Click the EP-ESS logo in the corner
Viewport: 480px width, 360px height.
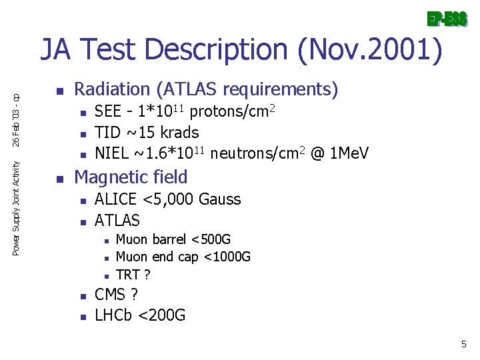(x=447, y=19)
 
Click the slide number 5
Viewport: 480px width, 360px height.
(x=464, y=344)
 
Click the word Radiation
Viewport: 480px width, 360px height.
(x=113, y=89)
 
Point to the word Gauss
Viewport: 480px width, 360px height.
(x=220, y=199)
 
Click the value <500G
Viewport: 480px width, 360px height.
(x=211, y=239)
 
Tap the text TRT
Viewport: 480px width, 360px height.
(x=128, y=274)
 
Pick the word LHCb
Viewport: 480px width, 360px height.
(x=114, y=315)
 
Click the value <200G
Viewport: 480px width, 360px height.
(x=161, y=315)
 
